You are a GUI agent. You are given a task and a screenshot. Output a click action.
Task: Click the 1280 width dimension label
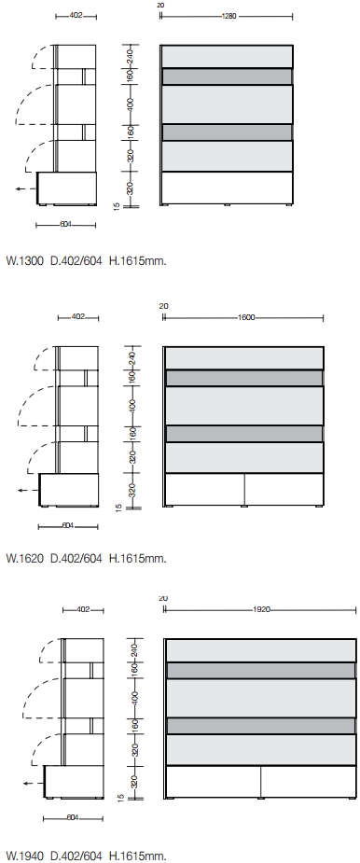229,17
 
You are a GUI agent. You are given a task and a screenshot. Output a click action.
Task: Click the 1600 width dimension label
246,317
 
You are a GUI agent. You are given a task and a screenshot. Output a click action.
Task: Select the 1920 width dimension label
262,609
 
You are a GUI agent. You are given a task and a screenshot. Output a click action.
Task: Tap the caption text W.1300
24,261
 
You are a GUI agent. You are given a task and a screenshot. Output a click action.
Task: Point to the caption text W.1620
24,559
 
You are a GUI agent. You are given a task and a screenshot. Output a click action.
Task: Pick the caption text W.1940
24,856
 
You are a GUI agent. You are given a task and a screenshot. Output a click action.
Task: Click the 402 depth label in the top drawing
76,16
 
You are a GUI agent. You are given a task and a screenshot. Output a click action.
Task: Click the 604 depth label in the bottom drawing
73,818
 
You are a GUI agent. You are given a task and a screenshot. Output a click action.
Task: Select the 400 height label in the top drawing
131,104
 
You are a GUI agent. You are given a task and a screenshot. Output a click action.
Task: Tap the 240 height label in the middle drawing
132,358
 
